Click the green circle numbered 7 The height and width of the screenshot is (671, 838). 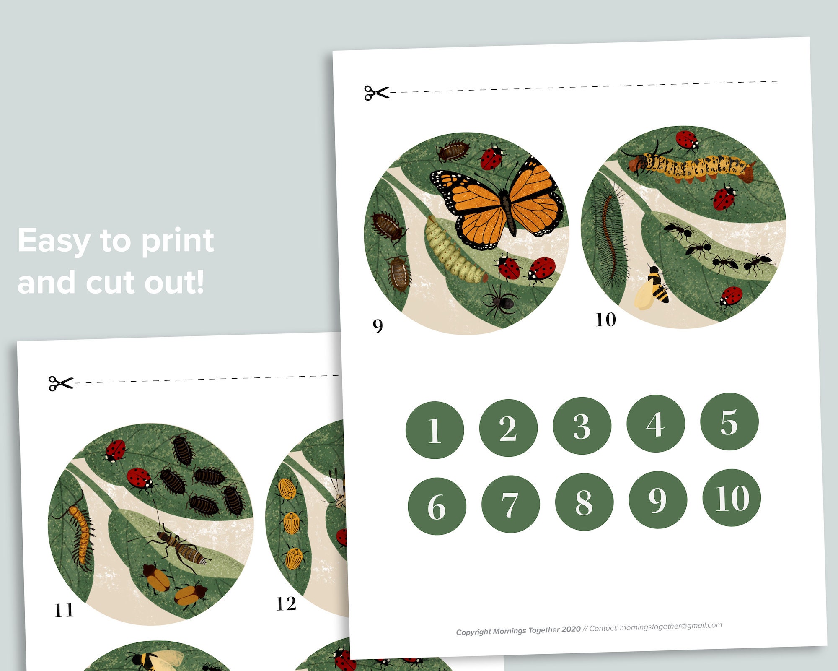coord(510,504)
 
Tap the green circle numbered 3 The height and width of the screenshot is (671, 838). coord(582,426)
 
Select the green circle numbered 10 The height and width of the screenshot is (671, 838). coord(732,498)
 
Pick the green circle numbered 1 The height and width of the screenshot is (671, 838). coord(435,430)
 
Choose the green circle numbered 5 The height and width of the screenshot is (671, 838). coord(729,421)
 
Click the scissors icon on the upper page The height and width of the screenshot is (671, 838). coord(376,93)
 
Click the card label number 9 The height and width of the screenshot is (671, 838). coord(378,325)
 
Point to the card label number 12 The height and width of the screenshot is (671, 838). coord(286,604)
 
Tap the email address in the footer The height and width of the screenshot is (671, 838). coord(671,626)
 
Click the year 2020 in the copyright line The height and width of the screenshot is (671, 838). coord(571,629)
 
